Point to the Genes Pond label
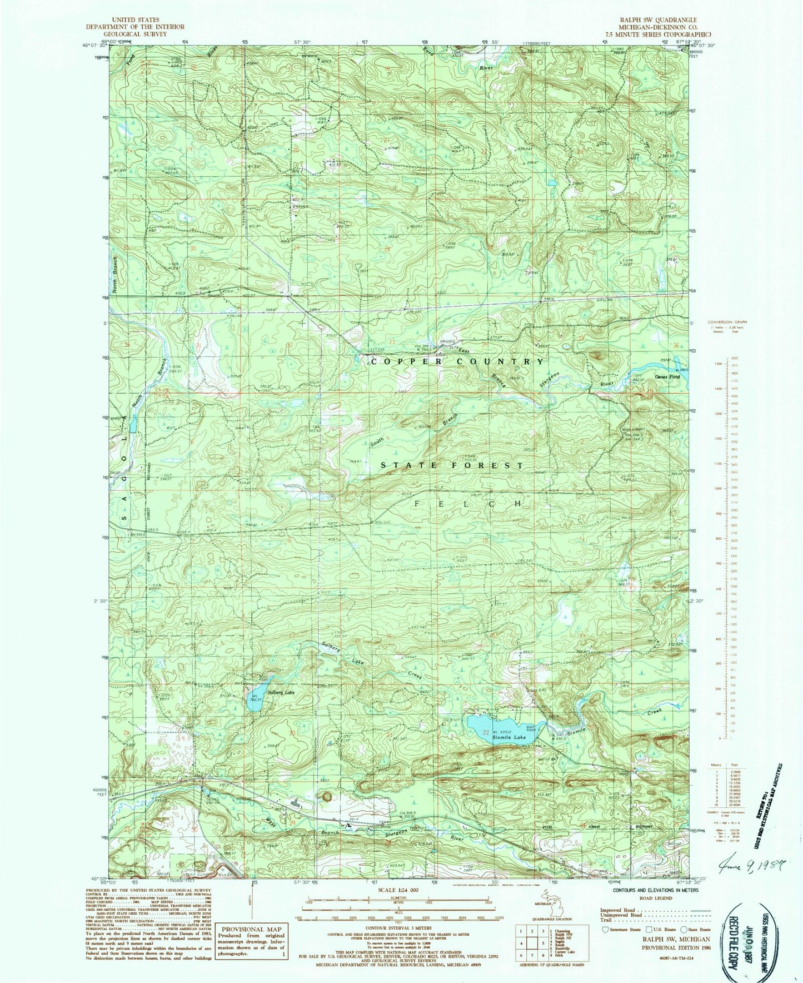[667, 376]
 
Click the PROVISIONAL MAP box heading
[251, 929]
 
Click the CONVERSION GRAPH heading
[727, 322]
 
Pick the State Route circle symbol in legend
[686, 929]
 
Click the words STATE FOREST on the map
[452, 465]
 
